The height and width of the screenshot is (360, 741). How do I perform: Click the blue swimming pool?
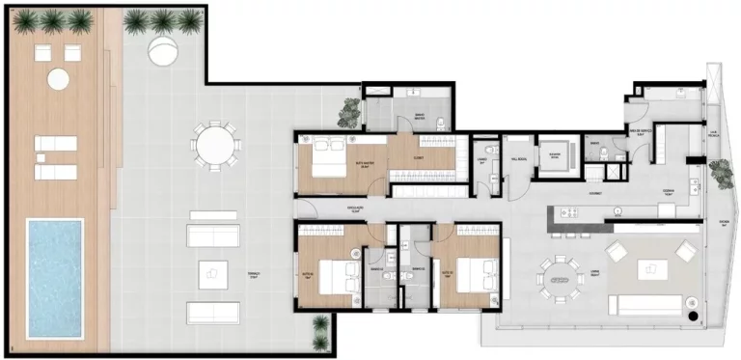click(x=55, y=278)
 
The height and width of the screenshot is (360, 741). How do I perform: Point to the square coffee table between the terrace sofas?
click(x=213, y=275)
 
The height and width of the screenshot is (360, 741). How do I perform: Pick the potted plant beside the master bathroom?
click(x=347, y=114)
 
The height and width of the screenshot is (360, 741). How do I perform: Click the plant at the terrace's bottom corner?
click(x=319, y=334)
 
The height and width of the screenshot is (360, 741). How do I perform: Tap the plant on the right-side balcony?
click(x=719, y=174)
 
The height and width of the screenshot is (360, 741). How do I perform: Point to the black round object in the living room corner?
click(x=691, y=316)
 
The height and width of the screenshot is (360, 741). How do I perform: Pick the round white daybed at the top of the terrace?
click(x=163, y=49)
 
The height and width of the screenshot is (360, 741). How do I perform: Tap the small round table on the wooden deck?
click(x=59, y=78)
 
